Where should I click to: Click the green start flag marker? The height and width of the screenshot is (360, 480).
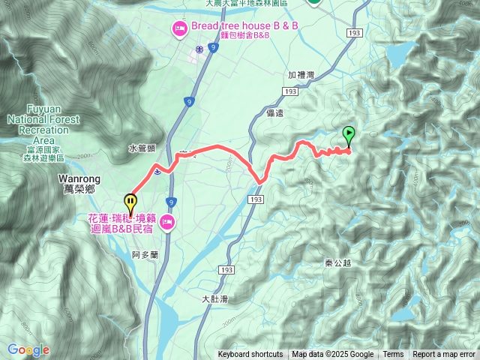349,136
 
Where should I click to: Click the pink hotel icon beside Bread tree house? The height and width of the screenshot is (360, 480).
179,29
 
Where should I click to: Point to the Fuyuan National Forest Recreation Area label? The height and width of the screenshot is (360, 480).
37,124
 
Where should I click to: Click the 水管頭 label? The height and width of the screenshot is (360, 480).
141,148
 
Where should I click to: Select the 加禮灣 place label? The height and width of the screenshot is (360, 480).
301,76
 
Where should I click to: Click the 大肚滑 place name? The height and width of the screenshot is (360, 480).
214,298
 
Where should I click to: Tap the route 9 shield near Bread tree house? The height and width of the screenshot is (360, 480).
213,48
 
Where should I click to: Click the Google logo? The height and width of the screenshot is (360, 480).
28,349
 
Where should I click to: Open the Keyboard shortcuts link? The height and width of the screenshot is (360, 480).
250,355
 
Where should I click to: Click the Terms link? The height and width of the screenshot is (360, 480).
393,355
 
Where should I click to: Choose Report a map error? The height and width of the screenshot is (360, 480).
444,355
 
